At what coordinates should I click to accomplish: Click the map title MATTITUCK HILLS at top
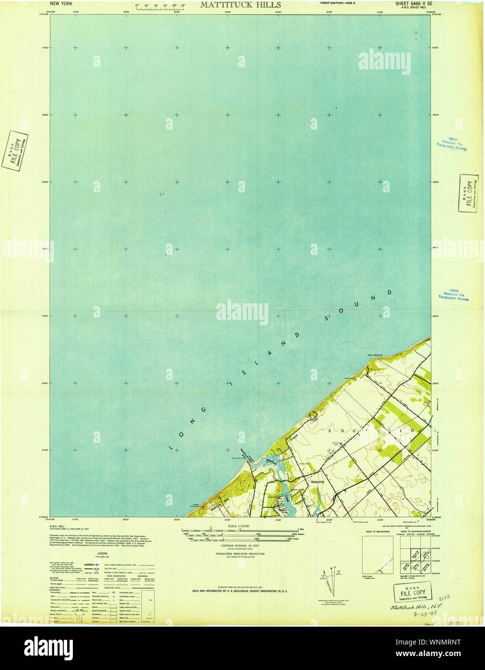click(240, 5)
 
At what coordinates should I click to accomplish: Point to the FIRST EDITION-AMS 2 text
click(338, 3)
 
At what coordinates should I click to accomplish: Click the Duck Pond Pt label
click(374, 356)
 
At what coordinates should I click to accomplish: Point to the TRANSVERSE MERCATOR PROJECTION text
click(240, 554)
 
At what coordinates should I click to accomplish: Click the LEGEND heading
click(102, 553)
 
